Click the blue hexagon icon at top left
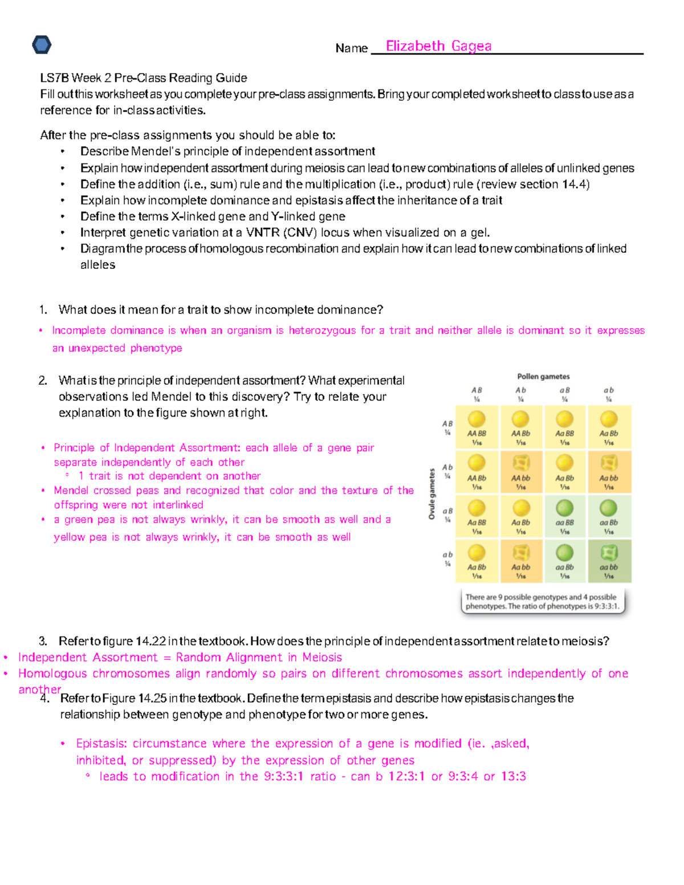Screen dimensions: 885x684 (42, 44)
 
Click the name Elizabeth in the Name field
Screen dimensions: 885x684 (415, 46)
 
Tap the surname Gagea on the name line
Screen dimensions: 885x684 (471, 46)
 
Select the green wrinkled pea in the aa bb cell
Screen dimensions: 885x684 (609, 553)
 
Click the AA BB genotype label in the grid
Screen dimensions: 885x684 (477, 434)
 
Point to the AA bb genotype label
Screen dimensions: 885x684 (520, 478)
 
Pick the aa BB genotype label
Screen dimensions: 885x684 (564, 523)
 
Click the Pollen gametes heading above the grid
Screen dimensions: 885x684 (543, 377)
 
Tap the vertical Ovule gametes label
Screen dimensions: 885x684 (432, 494)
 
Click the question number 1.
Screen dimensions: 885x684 (43, 310)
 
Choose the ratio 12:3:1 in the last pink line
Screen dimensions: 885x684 (406, 777)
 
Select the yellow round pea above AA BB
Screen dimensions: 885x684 (477, 419)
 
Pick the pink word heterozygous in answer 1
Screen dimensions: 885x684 (322, 331)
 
